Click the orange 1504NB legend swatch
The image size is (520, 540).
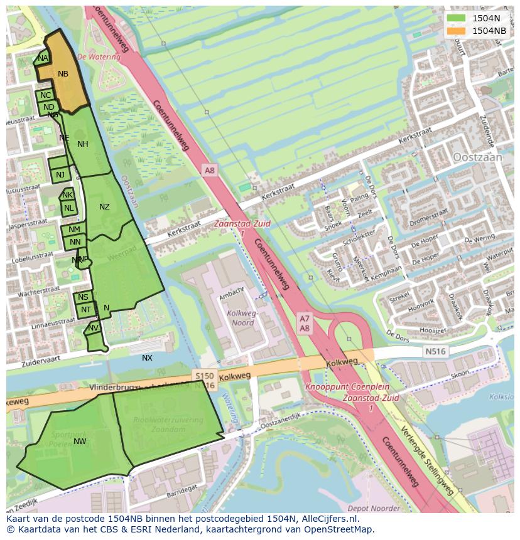pyautogui.click(x=457, y=31)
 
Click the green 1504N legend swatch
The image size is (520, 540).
pyautogui.click(x=457, y=18)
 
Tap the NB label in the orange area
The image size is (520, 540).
pyautogui.click(x=63, y=74)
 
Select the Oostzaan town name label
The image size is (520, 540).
pyautogui.click(x=477, y=157)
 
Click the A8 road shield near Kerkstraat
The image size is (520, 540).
pyautogui.click(x=210, y=170)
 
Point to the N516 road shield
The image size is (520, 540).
pyautogui.click(x=434, y=351)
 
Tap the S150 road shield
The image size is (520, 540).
pyautogui.click(x=204, y=376)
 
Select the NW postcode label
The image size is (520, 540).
pyautogui.click(x=80, y=442)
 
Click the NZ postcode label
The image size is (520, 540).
pyautogui.click(x=104, y=207)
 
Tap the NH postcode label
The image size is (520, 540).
pyautogui.click(x=83, y=144)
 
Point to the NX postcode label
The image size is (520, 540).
pyautogui.click(x=147, y=358)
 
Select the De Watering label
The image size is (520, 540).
pyautogui.click(x=99, y=56)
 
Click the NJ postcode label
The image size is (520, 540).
pyautogui.click(x=60, y=175)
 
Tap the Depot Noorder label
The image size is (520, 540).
pyautogui.click(x=374, y=508)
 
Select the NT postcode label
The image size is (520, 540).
pyautogui.click(x=86, y=309)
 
